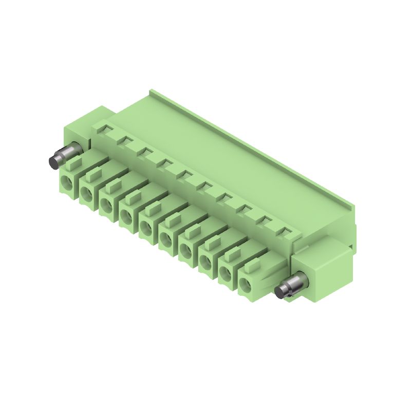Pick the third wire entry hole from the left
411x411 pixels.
tap(106, 204)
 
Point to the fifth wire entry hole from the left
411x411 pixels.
tap(146, 227)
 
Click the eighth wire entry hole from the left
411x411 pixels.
tap(206, 261)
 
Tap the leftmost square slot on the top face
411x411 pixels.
tap(105, 128)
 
